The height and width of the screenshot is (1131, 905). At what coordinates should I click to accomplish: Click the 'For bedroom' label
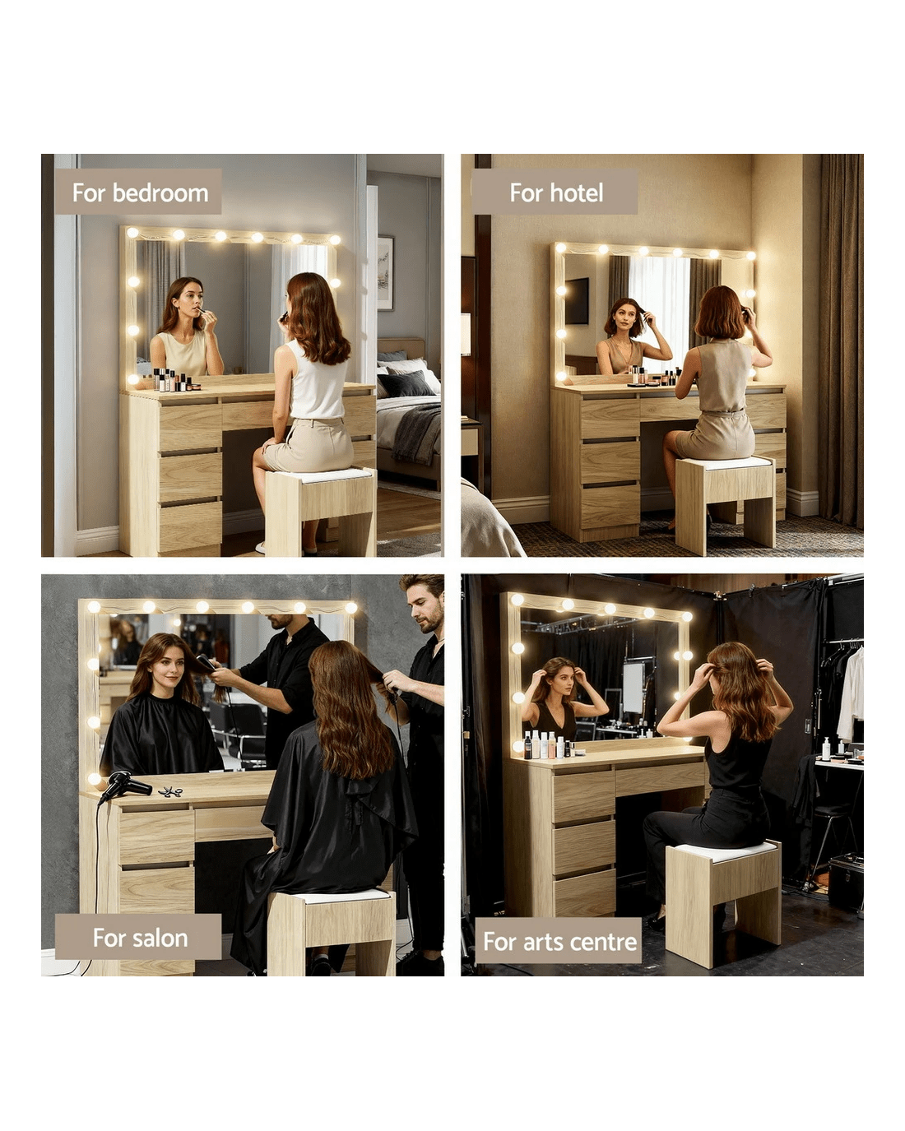click(x=140, y=192)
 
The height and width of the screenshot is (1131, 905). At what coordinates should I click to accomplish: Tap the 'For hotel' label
click(x=556, y=192)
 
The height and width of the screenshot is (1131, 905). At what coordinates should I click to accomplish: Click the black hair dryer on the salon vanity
click(x=124, y=786)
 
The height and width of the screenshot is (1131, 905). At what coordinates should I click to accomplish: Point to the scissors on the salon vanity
click(x=170, y=791)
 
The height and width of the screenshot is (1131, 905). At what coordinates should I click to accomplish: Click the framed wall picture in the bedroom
click(x=386, y=273)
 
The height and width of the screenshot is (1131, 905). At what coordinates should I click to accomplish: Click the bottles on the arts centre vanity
click(x=552, y=744)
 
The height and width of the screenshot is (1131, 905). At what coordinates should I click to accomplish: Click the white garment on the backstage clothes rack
click(x=851, y=694)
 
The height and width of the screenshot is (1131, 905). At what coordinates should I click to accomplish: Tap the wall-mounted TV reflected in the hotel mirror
click(x=577, y=300)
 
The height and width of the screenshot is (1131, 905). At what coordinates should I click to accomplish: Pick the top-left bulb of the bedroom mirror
click(x=132, y=232)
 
